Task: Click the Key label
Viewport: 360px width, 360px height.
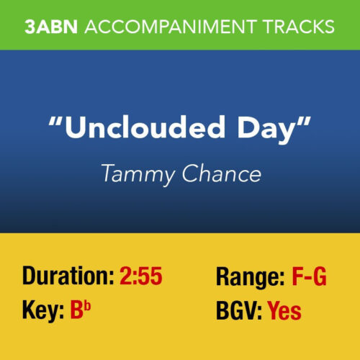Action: (42, 311)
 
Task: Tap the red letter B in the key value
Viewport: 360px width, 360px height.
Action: (76, 311)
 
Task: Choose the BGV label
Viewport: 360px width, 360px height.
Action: (240, 311)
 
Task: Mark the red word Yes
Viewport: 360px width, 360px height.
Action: (284, 311)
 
